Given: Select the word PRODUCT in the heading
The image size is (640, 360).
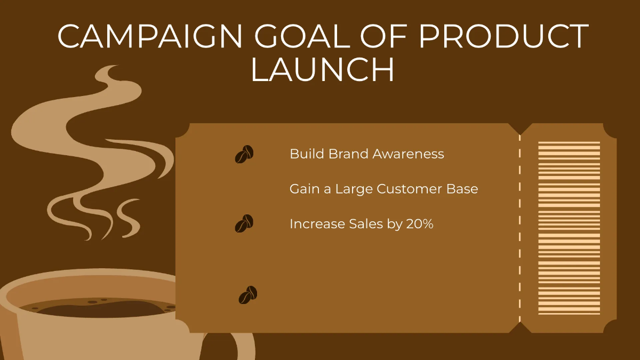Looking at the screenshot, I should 503,37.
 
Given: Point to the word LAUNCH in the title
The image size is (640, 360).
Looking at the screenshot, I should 322,70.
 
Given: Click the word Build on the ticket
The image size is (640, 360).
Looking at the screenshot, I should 307,154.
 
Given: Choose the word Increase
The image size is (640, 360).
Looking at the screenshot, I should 313,224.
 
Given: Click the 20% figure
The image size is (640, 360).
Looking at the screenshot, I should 419,224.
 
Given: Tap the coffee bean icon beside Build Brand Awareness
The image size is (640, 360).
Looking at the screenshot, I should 244,154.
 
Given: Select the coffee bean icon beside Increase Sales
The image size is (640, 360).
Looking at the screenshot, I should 244,223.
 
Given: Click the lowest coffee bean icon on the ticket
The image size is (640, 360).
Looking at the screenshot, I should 247,295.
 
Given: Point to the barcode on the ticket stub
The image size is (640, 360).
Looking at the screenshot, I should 569,228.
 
